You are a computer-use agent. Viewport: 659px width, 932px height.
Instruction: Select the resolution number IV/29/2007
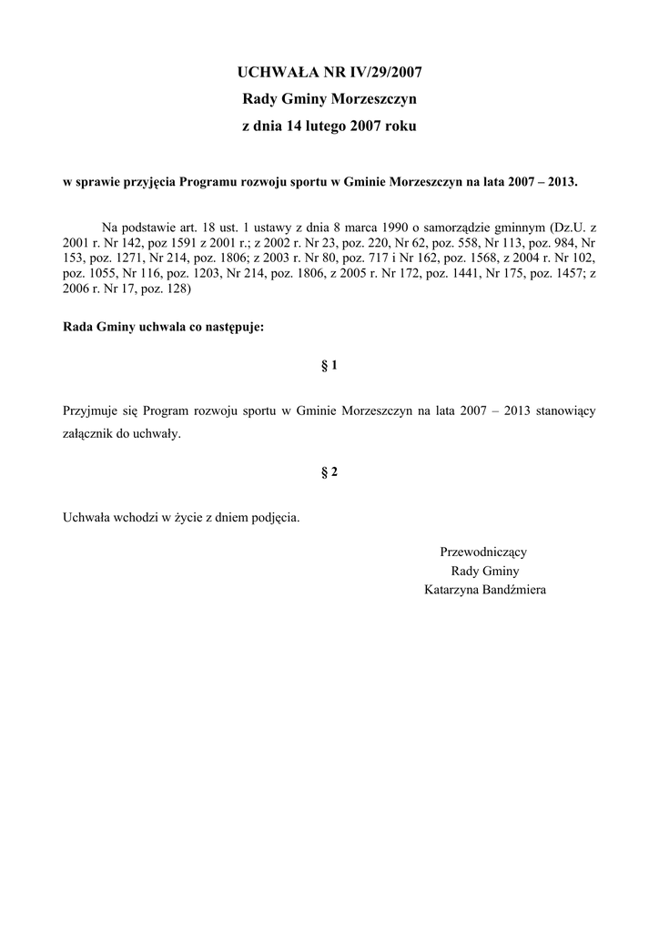(380, 70)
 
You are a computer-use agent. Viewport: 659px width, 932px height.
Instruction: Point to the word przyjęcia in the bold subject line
(148, 182)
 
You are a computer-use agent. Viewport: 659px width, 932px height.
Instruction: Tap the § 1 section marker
(329, 366)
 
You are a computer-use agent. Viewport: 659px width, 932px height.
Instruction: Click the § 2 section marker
(329, 471)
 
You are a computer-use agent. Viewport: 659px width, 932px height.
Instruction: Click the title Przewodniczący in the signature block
(483, 552)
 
